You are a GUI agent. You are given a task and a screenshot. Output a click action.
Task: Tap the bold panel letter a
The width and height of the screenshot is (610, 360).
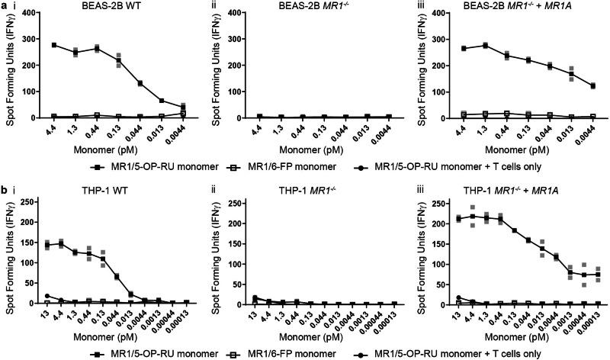coord(5,6)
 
